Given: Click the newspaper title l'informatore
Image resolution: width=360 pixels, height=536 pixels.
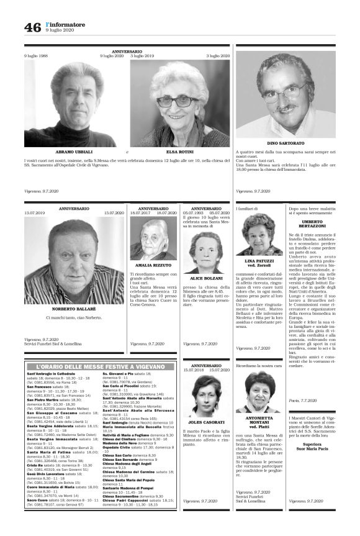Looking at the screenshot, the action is click(66, 24).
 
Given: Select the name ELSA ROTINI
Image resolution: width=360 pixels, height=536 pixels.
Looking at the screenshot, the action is click(179, 151).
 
